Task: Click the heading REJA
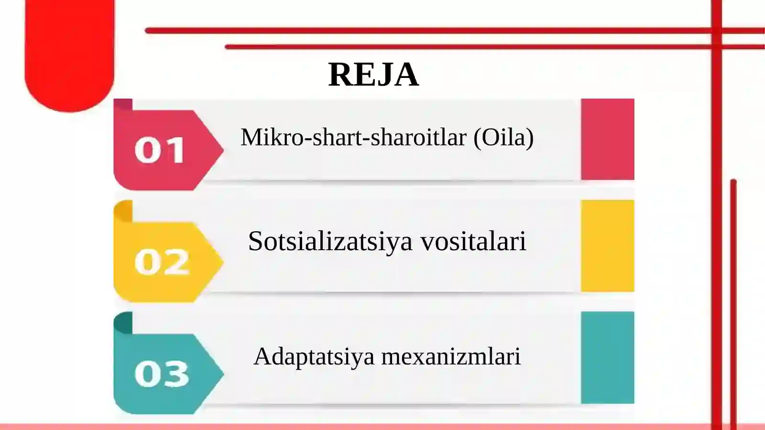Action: (x=373, y=75)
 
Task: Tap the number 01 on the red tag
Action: (x=160, y=150)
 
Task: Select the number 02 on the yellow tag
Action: (x=162, y=262)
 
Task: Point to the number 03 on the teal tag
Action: (x=162, y=374)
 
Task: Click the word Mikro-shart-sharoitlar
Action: (x=353, y=138)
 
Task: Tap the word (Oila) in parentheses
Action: (x=503, y=138)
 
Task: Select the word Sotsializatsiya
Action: (x=330, y=241)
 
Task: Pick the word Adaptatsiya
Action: (x=314, y=357)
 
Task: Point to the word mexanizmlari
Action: (x=450, y=357)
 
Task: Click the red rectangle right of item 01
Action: (x=607, y=139)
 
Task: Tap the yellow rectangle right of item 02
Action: (x=607, y=245)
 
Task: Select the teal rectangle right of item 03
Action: (x=607, y=357)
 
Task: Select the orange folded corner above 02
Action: (x=123, y=211)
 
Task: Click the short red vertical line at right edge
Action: (x=733, y=301)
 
